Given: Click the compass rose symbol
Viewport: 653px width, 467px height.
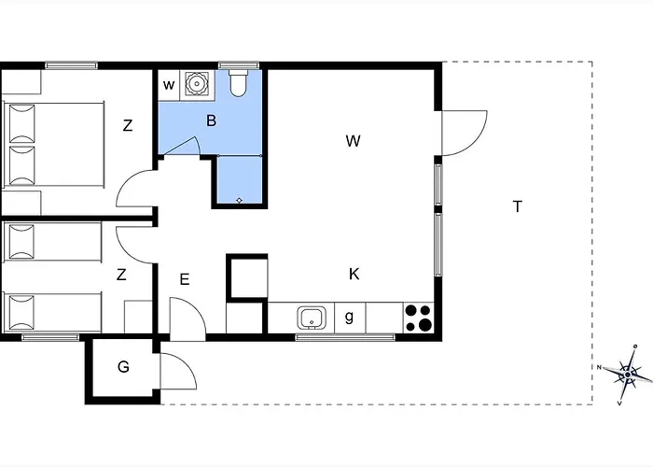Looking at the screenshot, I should click(626, 375).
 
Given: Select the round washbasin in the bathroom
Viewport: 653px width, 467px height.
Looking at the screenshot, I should click(197, 84).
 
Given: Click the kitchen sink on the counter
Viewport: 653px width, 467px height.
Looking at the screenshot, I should click(311, 318).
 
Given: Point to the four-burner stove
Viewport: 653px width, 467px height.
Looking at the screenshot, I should click(419, 318).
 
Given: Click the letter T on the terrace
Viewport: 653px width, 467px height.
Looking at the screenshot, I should click(517, 206).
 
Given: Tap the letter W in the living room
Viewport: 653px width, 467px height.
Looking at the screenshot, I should click(353, 141).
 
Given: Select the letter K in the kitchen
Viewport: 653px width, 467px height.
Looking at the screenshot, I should click(354, 274).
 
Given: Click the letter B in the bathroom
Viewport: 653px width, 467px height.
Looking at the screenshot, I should click(212, 120).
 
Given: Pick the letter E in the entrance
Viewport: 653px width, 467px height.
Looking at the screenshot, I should click(185, 278).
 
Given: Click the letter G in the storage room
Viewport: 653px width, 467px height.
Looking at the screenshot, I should click(123, 367).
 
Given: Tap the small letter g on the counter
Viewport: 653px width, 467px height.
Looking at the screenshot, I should click(349, 318).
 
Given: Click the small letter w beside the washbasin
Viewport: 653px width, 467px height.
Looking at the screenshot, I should click(169, 85).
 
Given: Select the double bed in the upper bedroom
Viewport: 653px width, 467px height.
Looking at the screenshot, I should click(51, 145).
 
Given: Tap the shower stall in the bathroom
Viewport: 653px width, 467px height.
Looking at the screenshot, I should click(240, 180).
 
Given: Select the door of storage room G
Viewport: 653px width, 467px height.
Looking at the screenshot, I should click(176, 373).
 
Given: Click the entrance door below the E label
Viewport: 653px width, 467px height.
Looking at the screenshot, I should click(188, 318).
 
